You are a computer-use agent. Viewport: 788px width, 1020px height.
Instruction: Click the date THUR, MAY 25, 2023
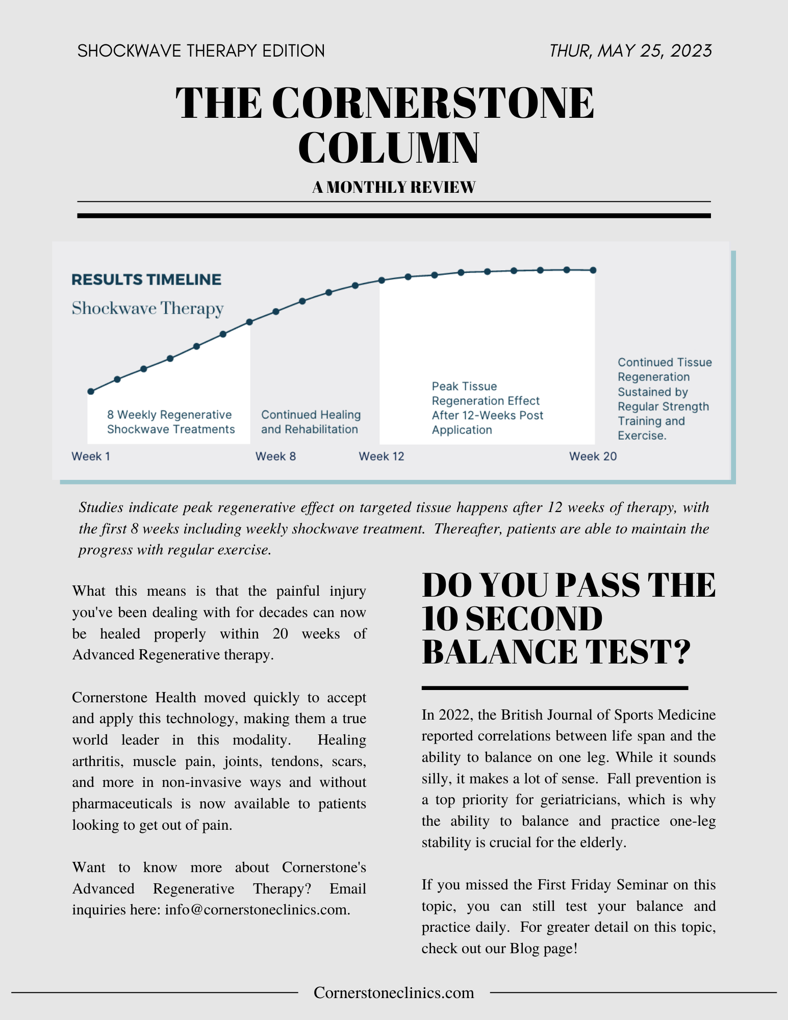630,51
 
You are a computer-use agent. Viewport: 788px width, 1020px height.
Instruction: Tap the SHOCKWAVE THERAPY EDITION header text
201,51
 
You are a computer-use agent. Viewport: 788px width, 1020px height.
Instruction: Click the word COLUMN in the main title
389,148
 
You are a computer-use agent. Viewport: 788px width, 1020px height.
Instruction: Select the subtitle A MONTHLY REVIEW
394,187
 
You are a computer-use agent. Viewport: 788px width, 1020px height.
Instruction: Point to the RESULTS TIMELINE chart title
146,279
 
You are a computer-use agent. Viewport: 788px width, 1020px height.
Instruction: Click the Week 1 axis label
91,456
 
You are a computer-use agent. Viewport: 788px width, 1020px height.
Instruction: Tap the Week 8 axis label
275,456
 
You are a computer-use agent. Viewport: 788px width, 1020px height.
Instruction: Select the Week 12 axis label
382,456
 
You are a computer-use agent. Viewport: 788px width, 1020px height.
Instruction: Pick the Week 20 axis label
593,456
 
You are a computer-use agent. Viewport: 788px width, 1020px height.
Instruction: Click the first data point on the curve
91,392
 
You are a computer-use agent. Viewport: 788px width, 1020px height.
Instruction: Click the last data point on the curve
593,270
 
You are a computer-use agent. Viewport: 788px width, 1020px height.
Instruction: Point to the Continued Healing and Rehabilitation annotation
311,422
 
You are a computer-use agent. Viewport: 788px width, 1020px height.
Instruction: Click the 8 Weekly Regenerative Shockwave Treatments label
171,422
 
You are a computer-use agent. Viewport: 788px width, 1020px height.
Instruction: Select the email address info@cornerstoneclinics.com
257,910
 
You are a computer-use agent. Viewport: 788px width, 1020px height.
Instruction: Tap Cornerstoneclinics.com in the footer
394,992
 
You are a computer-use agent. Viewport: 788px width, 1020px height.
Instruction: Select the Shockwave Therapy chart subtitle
147,309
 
